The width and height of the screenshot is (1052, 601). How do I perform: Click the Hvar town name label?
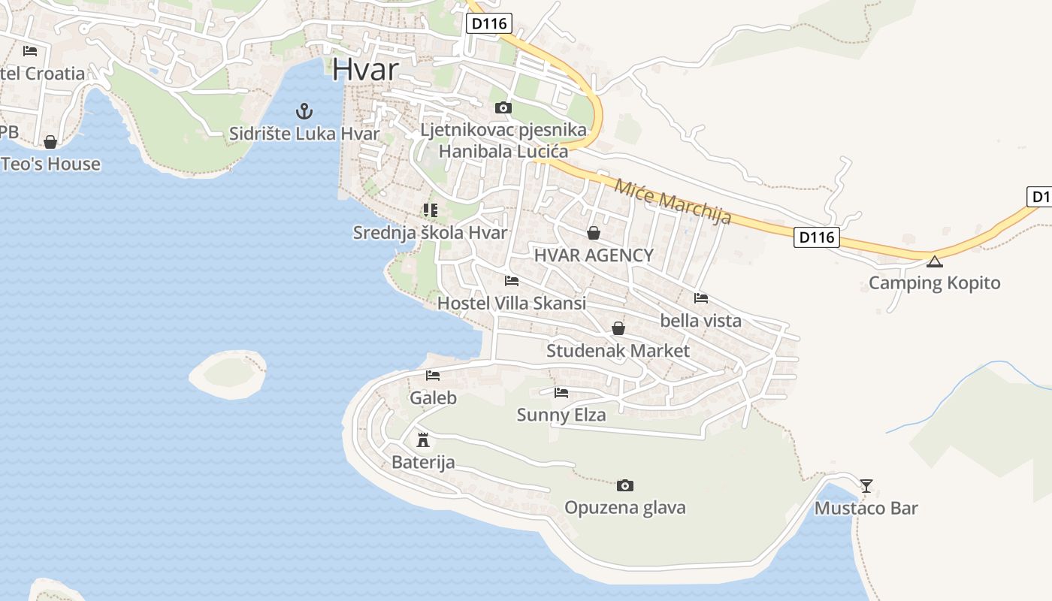tap(365, 69)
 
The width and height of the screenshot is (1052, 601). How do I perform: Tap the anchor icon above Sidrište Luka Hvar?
tap(304, 112)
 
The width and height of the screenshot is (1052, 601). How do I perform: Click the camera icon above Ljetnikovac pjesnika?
tap(503, 108)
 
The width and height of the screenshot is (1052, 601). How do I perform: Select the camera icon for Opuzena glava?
tap(624, 486)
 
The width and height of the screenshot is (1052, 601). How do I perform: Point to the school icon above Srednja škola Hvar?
tap(430, 210)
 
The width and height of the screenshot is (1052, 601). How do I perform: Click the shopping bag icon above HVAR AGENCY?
tap(594, 233)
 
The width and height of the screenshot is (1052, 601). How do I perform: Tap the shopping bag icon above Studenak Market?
tap(618, 328)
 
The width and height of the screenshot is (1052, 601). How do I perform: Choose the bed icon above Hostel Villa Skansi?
tap(512, 282)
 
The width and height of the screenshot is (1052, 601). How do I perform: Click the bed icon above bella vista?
tap(700, 298)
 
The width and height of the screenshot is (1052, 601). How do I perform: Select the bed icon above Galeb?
tap(433, 376)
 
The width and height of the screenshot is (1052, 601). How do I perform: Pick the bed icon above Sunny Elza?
tap(561, 393)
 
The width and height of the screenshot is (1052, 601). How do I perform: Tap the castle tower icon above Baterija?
tap(423, 439)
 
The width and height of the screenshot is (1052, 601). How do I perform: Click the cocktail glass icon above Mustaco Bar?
tap(866, 486)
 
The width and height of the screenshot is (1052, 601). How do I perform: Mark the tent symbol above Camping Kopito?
tap(934, 261)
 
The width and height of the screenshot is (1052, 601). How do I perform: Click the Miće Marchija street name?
tap(673, 201)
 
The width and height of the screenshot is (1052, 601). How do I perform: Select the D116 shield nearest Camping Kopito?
tap(816, 237)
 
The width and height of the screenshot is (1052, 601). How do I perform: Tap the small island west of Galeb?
tap(227, 373)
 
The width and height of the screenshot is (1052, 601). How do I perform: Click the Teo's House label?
tap(51, 164)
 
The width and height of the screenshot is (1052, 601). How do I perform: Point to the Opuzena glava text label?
tap(625, 508)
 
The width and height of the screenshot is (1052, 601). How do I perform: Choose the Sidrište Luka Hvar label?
tap(304, 134)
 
